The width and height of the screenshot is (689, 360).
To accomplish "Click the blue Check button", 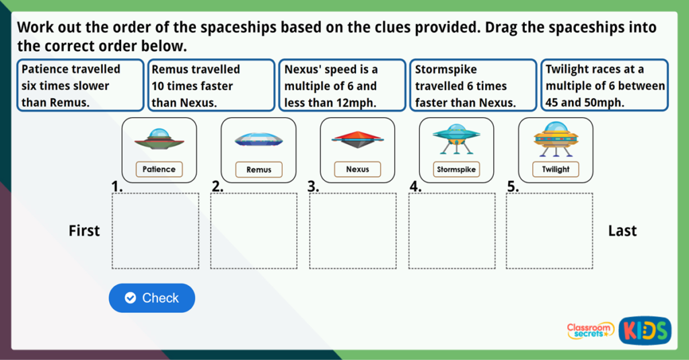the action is (151, 298).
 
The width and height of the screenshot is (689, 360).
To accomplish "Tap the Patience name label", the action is (159, 169).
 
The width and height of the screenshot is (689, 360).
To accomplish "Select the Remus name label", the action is (259, 170).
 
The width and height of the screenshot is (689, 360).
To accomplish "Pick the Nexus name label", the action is (357, 169).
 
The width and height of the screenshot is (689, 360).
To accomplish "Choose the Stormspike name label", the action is (456, 169).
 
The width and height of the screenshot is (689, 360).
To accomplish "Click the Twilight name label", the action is (555, 169).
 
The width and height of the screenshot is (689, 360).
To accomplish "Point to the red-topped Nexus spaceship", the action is (357, 139).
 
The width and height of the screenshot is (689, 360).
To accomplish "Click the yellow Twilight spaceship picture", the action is (556, 139).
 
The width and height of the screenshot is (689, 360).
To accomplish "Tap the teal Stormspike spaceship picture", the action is (457, 139).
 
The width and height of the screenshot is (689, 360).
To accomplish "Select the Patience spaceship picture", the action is (159, 139).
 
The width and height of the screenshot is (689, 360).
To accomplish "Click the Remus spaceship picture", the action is (259, 140).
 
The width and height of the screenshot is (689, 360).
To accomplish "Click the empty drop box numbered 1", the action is (155, 231).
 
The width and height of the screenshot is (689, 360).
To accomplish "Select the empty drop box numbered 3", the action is (353, 231).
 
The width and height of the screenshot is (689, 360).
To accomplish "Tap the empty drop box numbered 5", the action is (549, 231).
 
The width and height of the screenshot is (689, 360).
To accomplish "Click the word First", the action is (84, 231).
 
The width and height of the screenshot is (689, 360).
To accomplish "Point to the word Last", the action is (622, 231).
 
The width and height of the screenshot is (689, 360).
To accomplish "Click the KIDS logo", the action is (645, 330).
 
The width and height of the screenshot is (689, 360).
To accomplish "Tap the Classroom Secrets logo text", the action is (590, 330).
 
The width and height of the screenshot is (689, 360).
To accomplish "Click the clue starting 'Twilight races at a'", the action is (605, 85).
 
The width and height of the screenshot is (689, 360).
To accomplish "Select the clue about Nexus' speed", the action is (342, 85).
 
